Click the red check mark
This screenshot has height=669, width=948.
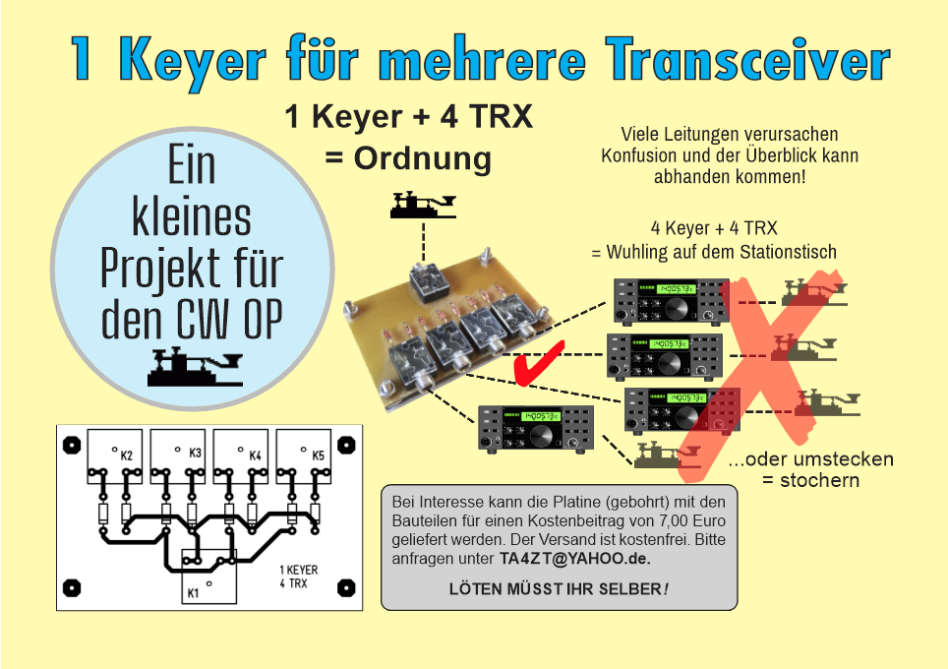click(538, 363)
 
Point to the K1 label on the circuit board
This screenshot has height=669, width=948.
click(193, 593)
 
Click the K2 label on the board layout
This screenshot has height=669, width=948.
click(126, 456)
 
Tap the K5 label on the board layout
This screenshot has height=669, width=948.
click(318, 456)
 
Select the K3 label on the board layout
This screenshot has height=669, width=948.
click(195, 453)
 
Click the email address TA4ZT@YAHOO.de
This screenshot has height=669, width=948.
click(575, 558)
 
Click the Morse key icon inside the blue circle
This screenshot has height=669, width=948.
click(195, 367)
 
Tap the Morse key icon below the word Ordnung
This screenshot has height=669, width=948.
click(423, 206)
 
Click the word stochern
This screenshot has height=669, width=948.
click(820, 480)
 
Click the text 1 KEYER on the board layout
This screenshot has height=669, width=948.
click(299, 570)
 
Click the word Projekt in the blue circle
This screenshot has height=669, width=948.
click(159, 270)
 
